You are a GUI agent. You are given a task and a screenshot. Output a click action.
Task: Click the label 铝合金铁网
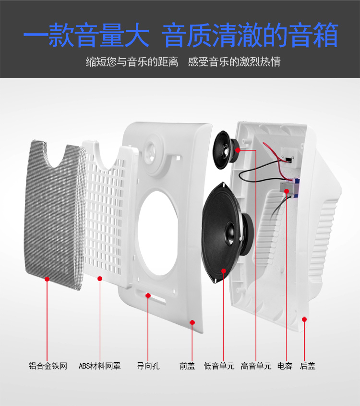48,366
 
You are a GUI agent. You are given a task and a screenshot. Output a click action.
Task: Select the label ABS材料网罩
99,366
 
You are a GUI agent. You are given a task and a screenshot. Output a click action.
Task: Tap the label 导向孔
148,366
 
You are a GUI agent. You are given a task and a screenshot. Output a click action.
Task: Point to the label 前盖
187,366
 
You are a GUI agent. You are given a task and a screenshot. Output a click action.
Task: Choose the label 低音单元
219,366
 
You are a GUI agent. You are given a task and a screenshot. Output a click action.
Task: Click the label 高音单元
256,366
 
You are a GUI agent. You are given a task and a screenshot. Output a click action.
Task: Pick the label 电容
285,366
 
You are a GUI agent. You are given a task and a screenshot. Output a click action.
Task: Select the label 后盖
308,366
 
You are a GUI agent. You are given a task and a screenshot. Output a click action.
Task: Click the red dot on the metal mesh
47,279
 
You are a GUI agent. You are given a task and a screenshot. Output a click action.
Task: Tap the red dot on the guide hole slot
148,295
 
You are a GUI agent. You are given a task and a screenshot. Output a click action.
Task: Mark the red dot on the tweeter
238,149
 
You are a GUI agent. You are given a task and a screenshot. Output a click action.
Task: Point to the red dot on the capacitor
286,191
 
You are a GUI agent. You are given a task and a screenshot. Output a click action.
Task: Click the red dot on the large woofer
224,271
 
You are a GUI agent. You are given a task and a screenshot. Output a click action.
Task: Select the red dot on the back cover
304,319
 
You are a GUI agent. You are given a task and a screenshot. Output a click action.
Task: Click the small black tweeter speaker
226,150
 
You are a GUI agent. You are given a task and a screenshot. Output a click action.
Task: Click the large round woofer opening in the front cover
158,233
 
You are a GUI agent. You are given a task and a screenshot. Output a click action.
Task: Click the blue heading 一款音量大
86,35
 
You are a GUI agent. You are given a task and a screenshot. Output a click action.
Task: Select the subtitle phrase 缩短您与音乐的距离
132,62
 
